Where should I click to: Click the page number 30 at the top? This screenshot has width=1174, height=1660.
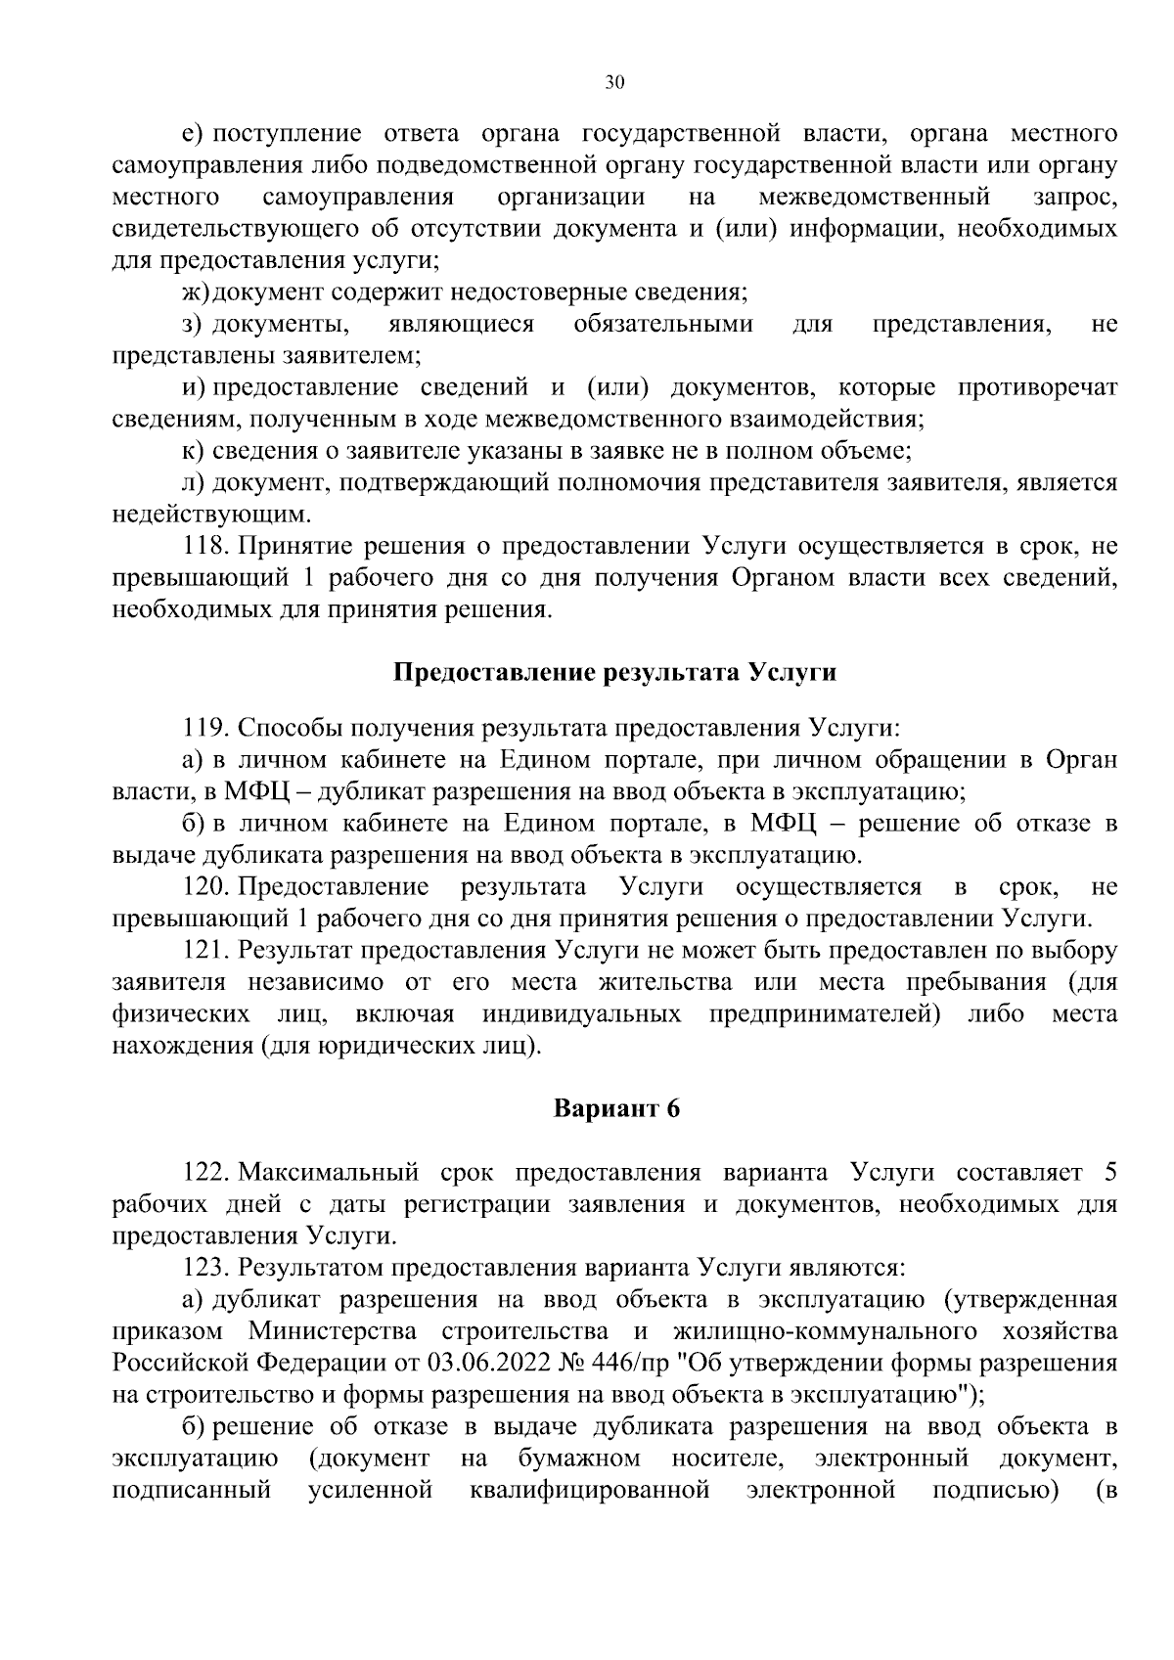[614, 83]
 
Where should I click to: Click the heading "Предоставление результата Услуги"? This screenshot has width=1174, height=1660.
[615, 673]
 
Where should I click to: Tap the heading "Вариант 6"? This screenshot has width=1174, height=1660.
[615, 1109]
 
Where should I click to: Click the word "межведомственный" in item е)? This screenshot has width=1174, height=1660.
[875, 198]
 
